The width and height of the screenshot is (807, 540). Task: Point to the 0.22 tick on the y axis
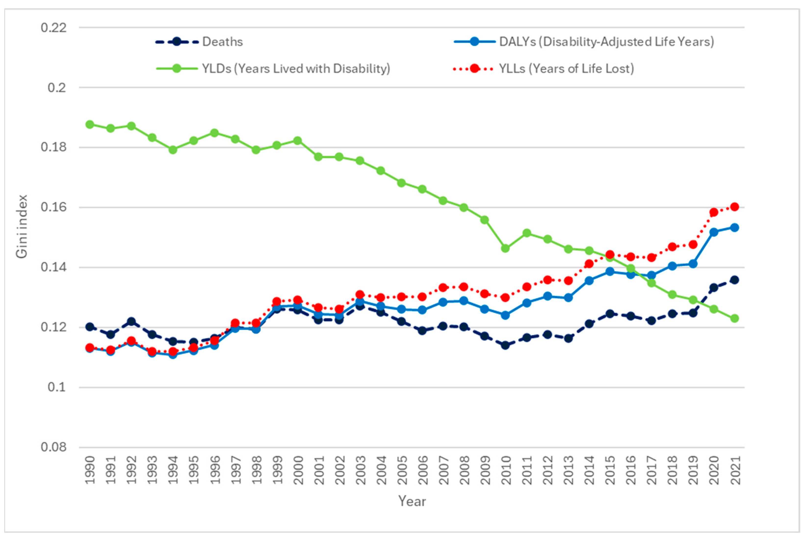[53, 27]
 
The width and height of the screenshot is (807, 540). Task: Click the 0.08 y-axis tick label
[53, 447]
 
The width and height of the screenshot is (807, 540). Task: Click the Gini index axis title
[21, 226]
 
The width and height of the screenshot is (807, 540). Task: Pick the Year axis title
[412, 501]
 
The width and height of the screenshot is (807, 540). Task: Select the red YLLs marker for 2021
[734, 207]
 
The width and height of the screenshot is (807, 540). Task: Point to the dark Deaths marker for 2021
[734, 280]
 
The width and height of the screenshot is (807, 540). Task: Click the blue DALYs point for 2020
[714, 232]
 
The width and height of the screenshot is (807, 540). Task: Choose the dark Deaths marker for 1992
[131, 321]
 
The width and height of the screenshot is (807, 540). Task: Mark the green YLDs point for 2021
[734, 318]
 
